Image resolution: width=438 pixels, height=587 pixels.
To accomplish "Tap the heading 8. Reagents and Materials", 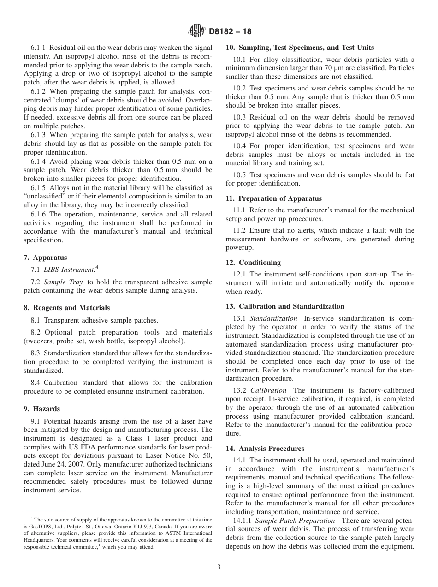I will point(67,308).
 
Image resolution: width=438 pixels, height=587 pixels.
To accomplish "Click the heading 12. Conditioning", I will point(253,263).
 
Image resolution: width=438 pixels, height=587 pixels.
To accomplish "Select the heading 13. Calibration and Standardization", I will point(285,306).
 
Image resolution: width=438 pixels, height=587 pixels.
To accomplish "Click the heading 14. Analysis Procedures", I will point(265,449).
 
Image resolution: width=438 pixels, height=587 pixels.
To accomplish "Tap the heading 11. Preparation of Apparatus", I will point(274,198).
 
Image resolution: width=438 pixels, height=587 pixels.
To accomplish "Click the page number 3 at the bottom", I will point(219,567).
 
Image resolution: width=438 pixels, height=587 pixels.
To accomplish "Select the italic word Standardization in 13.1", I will point(273,318).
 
